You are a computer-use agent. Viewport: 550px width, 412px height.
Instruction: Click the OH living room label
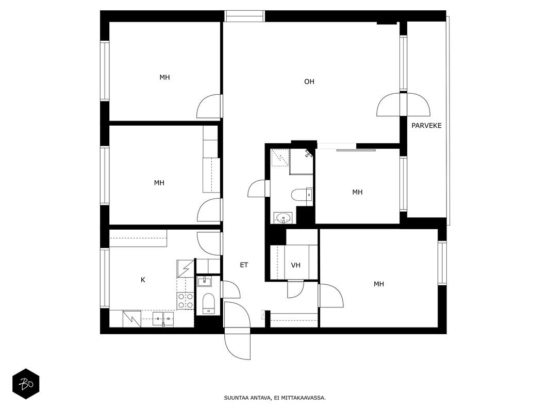tap(309, 82)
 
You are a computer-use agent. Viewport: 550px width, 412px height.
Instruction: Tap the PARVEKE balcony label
tap(426, 126)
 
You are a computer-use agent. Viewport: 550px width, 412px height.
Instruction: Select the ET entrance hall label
tap(244, 265)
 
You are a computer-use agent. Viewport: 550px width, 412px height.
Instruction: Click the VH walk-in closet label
tap(296, 265)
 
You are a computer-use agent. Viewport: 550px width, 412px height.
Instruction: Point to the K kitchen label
tap(143, 280)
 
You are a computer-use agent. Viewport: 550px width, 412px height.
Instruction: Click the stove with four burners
tap(185, 301)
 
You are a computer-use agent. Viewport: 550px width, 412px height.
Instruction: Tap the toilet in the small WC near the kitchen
tap(208, 303)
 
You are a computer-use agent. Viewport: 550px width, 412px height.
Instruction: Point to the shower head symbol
tap(308, 153)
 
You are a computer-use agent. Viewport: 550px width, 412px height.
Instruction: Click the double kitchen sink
tap(163, 319)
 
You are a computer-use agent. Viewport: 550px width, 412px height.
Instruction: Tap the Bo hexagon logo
tap(26, 384)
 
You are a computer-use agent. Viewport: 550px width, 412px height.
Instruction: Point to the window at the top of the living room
tap(244, 16)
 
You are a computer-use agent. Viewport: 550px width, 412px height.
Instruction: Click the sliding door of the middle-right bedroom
tap(356, 150)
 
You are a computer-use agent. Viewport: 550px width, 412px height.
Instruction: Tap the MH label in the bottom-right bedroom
tap(378, 284)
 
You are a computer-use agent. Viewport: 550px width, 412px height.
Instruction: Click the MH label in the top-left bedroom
tap(164, 77)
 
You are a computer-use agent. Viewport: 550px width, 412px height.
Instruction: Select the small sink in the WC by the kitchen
tap(204, 281)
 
